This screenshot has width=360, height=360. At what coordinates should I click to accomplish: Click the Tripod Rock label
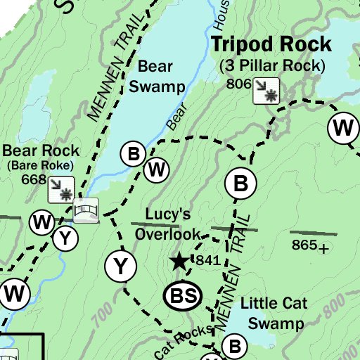[271, 45]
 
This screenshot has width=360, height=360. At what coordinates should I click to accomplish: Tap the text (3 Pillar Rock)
[272, 66]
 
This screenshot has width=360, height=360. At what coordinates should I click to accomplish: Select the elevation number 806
[239, 84]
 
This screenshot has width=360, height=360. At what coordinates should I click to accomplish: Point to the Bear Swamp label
[161, 77]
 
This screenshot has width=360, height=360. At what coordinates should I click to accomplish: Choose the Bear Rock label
[41, 150]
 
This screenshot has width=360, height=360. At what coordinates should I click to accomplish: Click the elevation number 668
[33, 179]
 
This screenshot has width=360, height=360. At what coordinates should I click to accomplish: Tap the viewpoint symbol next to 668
[61, 188]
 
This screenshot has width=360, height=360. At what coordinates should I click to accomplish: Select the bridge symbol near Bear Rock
[86, 210]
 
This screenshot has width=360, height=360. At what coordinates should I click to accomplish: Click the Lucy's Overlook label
[168, 224]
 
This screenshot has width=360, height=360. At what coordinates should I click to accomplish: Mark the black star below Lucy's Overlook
[179, 262]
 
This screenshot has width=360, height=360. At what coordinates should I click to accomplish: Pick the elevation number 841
[209, 261]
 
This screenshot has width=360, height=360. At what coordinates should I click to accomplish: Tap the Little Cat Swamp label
[271, 314]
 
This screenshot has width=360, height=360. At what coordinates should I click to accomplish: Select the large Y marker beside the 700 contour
[120, 266]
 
